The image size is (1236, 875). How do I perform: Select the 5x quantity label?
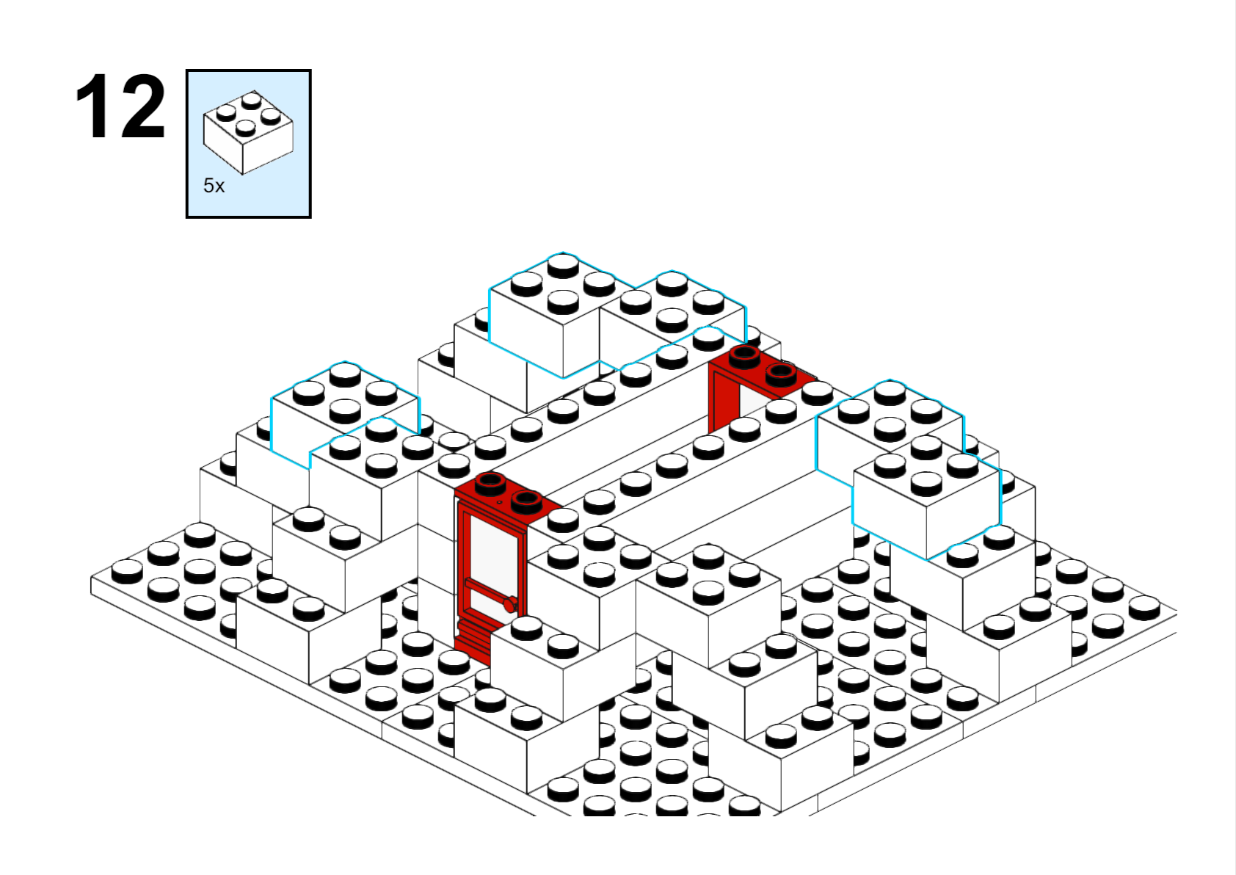click(214, 186)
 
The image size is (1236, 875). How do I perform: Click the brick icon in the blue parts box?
click(248, 132)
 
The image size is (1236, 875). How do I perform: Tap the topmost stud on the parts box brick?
click(252, 101)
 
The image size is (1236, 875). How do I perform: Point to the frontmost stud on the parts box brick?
click(245, 128)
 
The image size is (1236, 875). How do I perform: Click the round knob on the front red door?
click(509, 605)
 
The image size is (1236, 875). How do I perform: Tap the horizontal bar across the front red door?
click(488, 589)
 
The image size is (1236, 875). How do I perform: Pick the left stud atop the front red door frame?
click(490, 484)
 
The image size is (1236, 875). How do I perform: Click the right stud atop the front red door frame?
click(526, 502)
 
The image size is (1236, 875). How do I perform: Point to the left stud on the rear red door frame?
click(744, 357)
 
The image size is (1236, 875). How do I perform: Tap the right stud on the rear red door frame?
click(781, 375)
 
